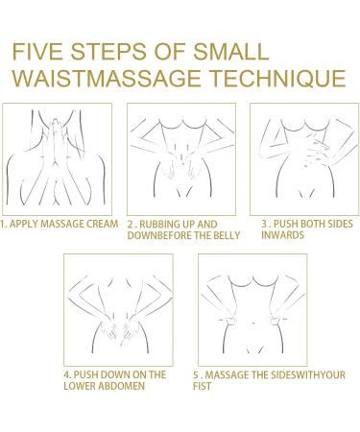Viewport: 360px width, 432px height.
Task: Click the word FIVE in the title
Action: (37, 52)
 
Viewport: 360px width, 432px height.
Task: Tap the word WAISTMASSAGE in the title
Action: (108, 79)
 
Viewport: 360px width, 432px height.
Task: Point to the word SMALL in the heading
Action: (230, 52)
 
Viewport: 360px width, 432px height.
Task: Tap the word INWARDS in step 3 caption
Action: (282, 235)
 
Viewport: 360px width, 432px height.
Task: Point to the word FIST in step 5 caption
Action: (202, 386)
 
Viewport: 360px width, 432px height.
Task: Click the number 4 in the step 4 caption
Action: (66, 374)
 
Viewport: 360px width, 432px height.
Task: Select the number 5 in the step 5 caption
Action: (196, 374)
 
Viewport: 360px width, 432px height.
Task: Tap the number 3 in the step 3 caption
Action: (264, 224)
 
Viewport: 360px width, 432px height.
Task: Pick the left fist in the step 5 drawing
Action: (229, 320)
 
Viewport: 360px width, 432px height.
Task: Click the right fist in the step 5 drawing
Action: (275, 320)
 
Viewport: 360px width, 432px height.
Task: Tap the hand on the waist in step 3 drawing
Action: (317, 150)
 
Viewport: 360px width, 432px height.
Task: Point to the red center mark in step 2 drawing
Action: (180, 157)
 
